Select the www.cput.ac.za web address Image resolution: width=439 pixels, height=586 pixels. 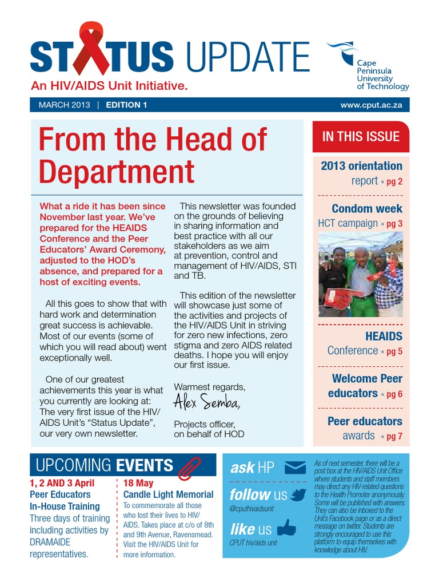(371, 105)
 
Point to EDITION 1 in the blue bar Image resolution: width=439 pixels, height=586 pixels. (126, 105)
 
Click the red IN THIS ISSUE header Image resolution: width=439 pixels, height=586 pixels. (361, 136)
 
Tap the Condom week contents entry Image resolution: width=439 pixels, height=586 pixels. (366, 209)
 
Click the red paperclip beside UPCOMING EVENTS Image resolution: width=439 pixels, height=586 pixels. (187, 468)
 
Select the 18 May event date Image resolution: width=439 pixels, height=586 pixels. (138, 483)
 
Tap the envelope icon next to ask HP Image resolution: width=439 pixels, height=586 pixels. (295, 468)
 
